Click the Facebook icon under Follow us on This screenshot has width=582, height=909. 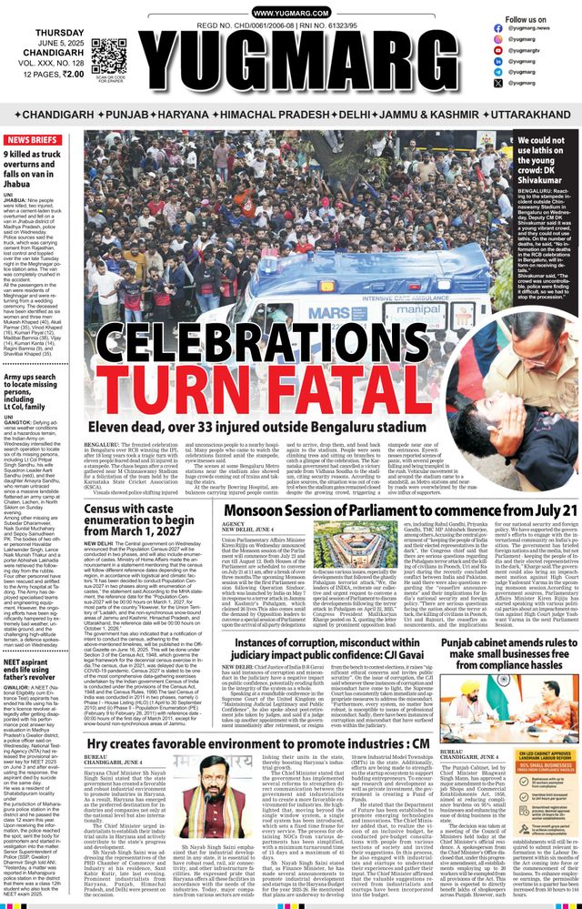tap(498, 28)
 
